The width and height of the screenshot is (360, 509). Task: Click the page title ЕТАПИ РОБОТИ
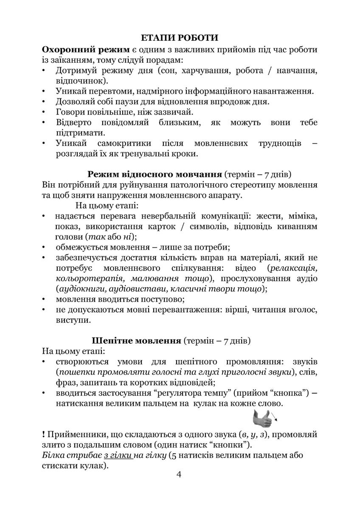click(x=180, y=38)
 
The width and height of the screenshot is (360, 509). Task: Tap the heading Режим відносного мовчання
click(x=155, y=174)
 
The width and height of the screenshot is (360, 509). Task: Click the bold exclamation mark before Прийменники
click(x=44, y=434)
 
